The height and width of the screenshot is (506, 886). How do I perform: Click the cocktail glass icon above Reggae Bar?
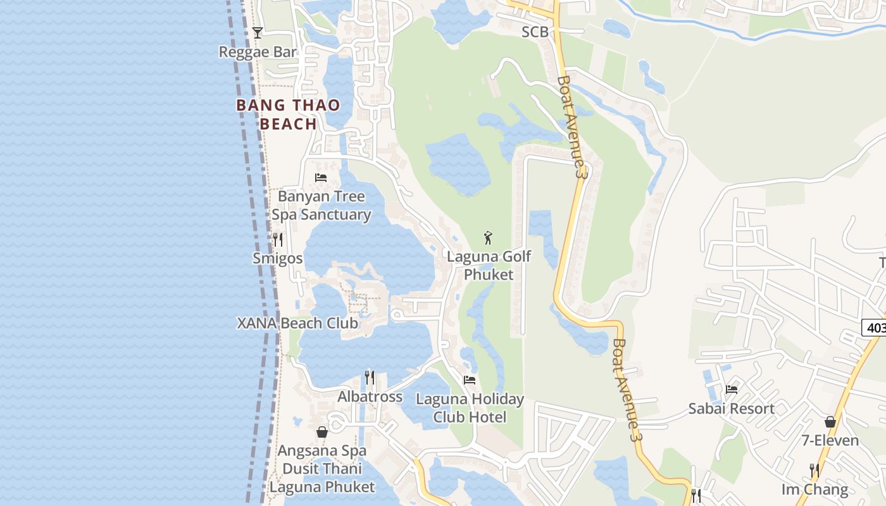click(257, 33)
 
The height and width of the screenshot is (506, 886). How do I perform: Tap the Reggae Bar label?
click(258, 52)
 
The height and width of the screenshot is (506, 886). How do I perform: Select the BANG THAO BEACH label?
click(288, 114)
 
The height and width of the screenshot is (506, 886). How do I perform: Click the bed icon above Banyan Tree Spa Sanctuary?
click(321, 178)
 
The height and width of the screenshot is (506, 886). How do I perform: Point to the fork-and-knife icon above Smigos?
click(277, 240)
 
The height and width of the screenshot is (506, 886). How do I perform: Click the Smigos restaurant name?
click(277, 258)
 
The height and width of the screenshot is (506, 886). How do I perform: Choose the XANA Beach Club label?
click(297, 323)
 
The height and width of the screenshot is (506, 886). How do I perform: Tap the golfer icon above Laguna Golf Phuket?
click(488, 238)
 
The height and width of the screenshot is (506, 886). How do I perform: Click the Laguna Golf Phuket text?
click(489, 266)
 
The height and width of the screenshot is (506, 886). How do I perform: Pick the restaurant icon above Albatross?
click(370, 378)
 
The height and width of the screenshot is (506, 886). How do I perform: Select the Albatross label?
click(370, 397)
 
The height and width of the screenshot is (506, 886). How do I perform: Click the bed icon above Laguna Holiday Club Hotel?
click(470, 380)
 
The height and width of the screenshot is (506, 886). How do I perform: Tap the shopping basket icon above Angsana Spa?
click(322, 432)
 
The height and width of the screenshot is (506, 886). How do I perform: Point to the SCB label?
click(534, 32)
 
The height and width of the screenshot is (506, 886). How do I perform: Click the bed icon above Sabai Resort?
click(732, 390)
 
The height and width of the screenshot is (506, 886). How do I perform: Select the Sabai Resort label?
click(731, 408)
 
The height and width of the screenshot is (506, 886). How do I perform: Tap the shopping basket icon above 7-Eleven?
click(830, 422)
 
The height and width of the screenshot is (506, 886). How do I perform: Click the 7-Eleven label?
click(830, 440)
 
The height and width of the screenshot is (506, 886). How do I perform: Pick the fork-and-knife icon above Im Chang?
click(814, 471)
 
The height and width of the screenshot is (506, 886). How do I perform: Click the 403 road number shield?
click(875, 327)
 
